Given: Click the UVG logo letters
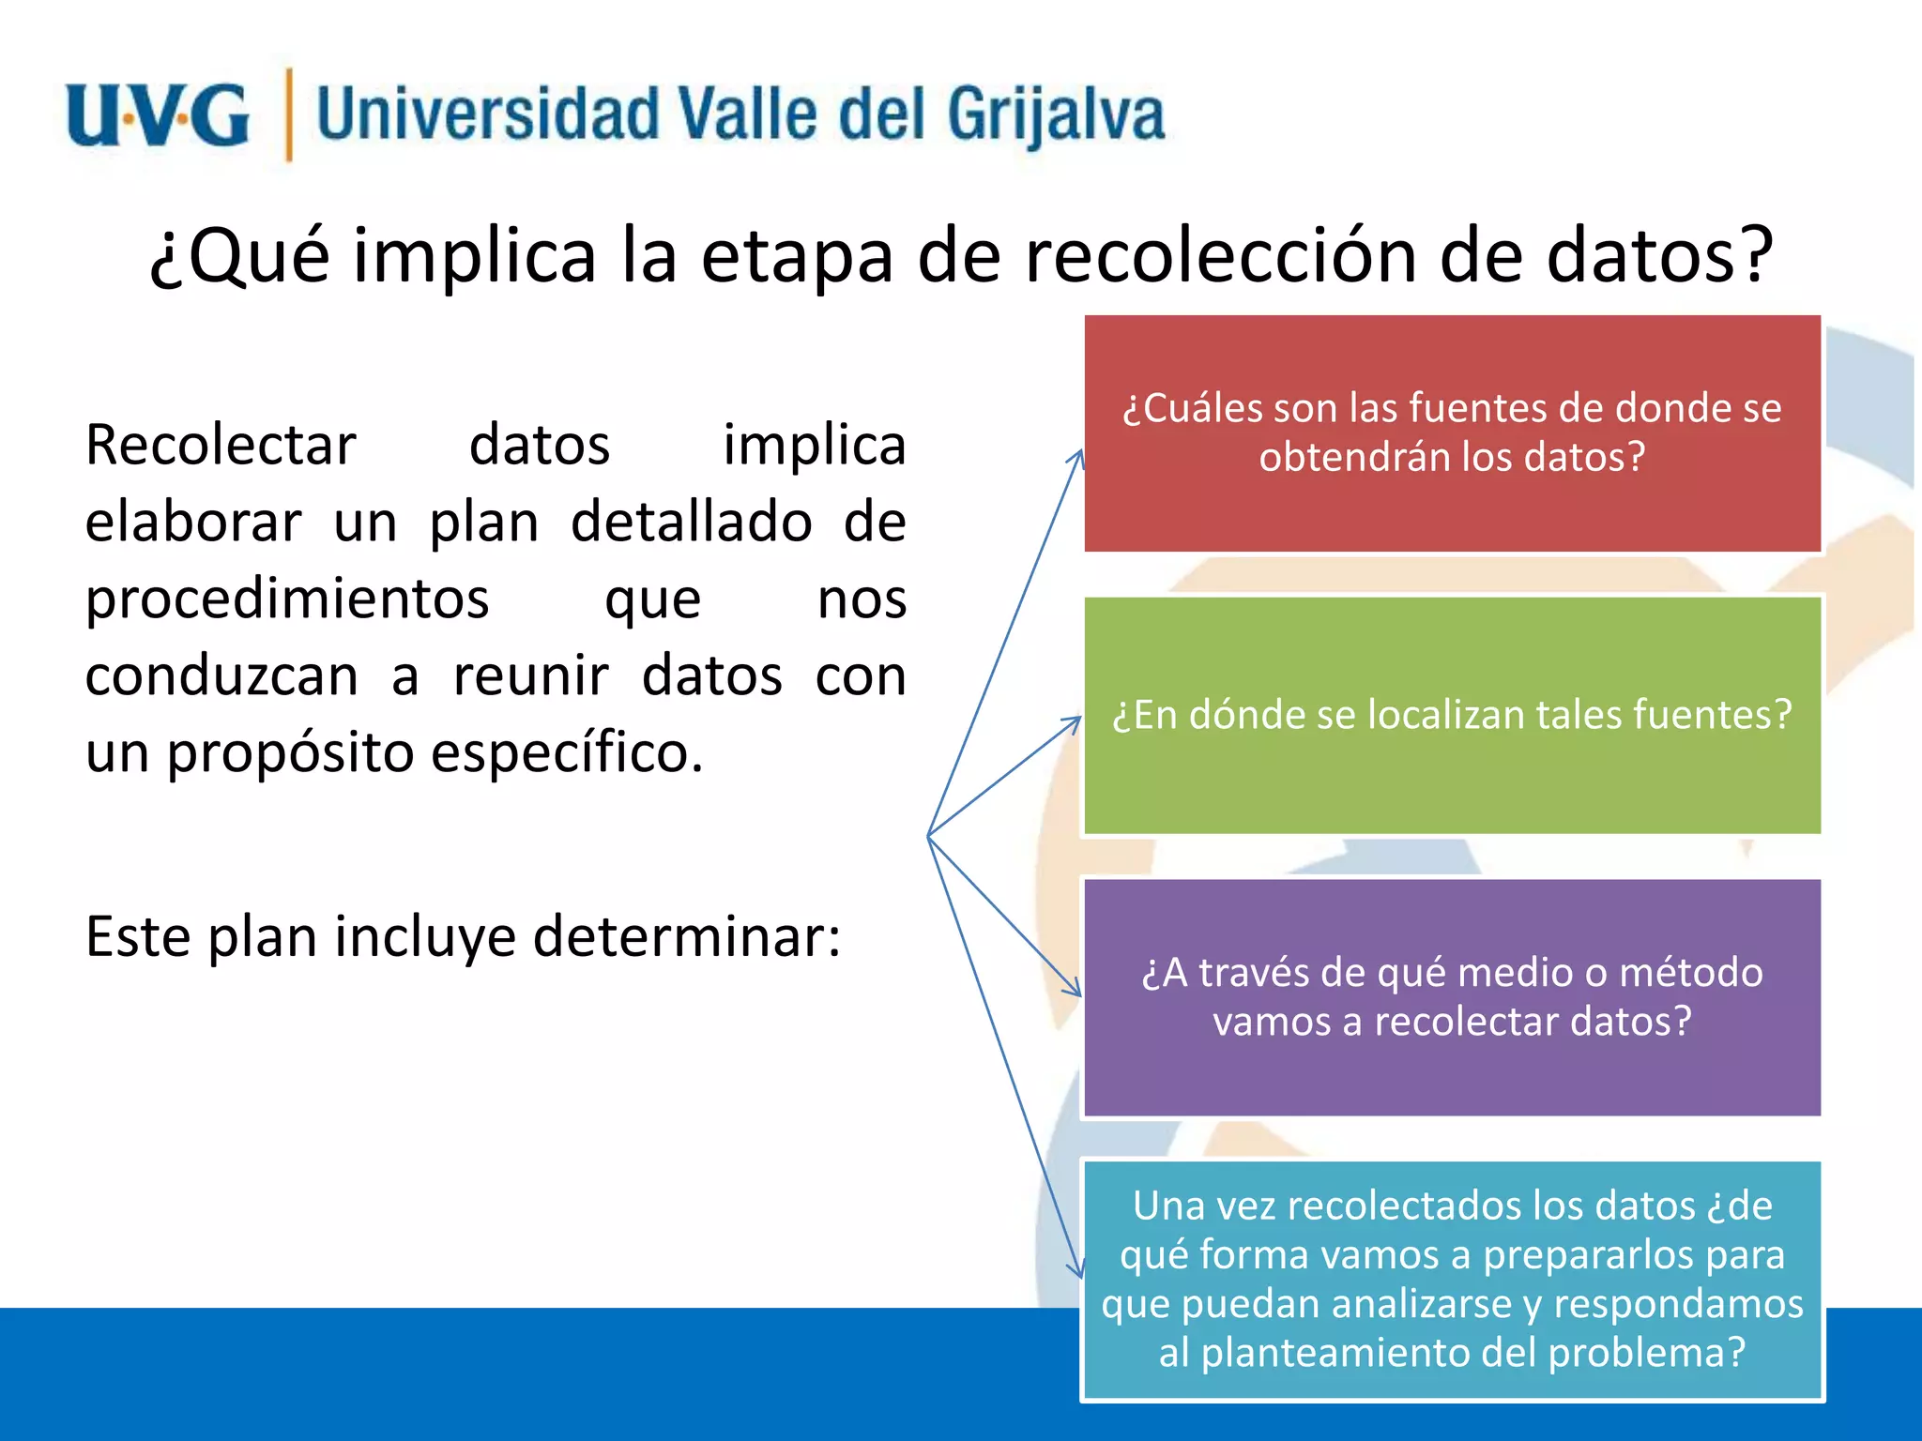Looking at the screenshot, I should point(158,115).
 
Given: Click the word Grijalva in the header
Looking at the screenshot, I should point(1055,115).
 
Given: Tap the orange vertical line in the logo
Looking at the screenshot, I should point(288,114).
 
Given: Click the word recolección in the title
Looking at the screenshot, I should point(1220,255).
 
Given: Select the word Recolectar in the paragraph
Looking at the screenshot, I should point(221,445).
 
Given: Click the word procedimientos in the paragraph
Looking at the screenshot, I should point(287,599).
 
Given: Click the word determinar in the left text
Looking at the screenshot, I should point(685,936).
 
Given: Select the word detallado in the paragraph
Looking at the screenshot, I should point(691,522).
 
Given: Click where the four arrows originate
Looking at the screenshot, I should point(928,836).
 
